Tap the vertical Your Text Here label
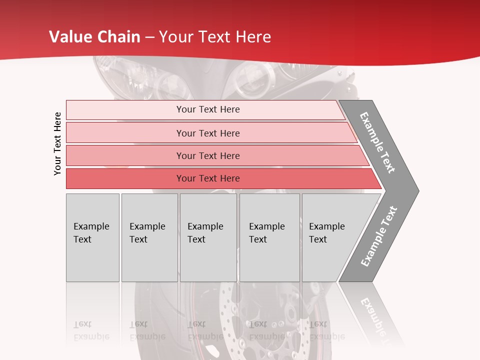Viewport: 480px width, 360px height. [58, 143]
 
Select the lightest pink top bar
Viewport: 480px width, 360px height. [208, 109]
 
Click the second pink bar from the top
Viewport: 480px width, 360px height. [208, 133]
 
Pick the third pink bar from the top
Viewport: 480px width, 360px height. [208, 155]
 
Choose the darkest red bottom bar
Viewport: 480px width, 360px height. [208, 178]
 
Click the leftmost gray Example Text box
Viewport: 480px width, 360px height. [92, 237]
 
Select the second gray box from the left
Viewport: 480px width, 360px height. [149, 237]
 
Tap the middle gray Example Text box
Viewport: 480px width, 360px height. [208, 237]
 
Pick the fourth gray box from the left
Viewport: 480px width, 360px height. [269, 237]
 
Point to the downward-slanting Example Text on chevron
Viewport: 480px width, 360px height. [377, 142]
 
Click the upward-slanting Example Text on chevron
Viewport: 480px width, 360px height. [379, 236]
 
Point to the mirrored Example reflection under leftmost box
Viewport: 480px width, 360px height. [91, 336]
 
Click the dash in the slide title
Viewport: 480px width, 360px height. [149, 37]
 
